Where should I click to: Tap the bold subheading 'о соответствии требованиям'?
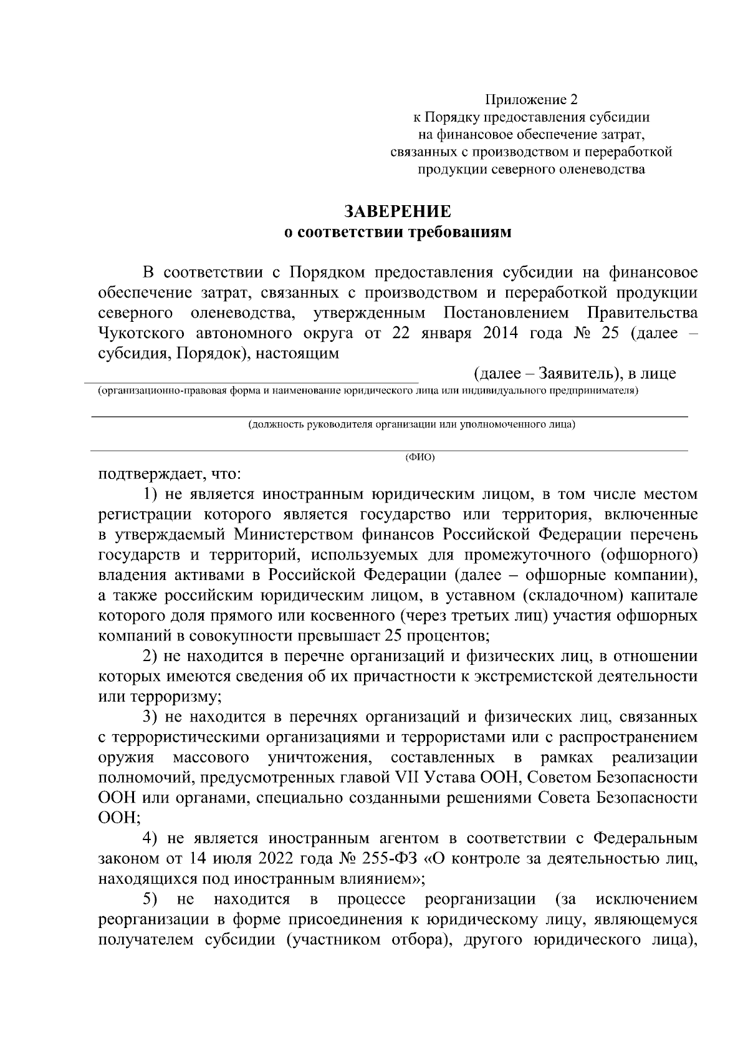point(398,233)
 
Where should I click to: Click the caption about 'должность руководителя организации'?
point(411,425)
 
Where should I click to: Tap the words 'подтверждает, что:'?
point(170,473)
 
